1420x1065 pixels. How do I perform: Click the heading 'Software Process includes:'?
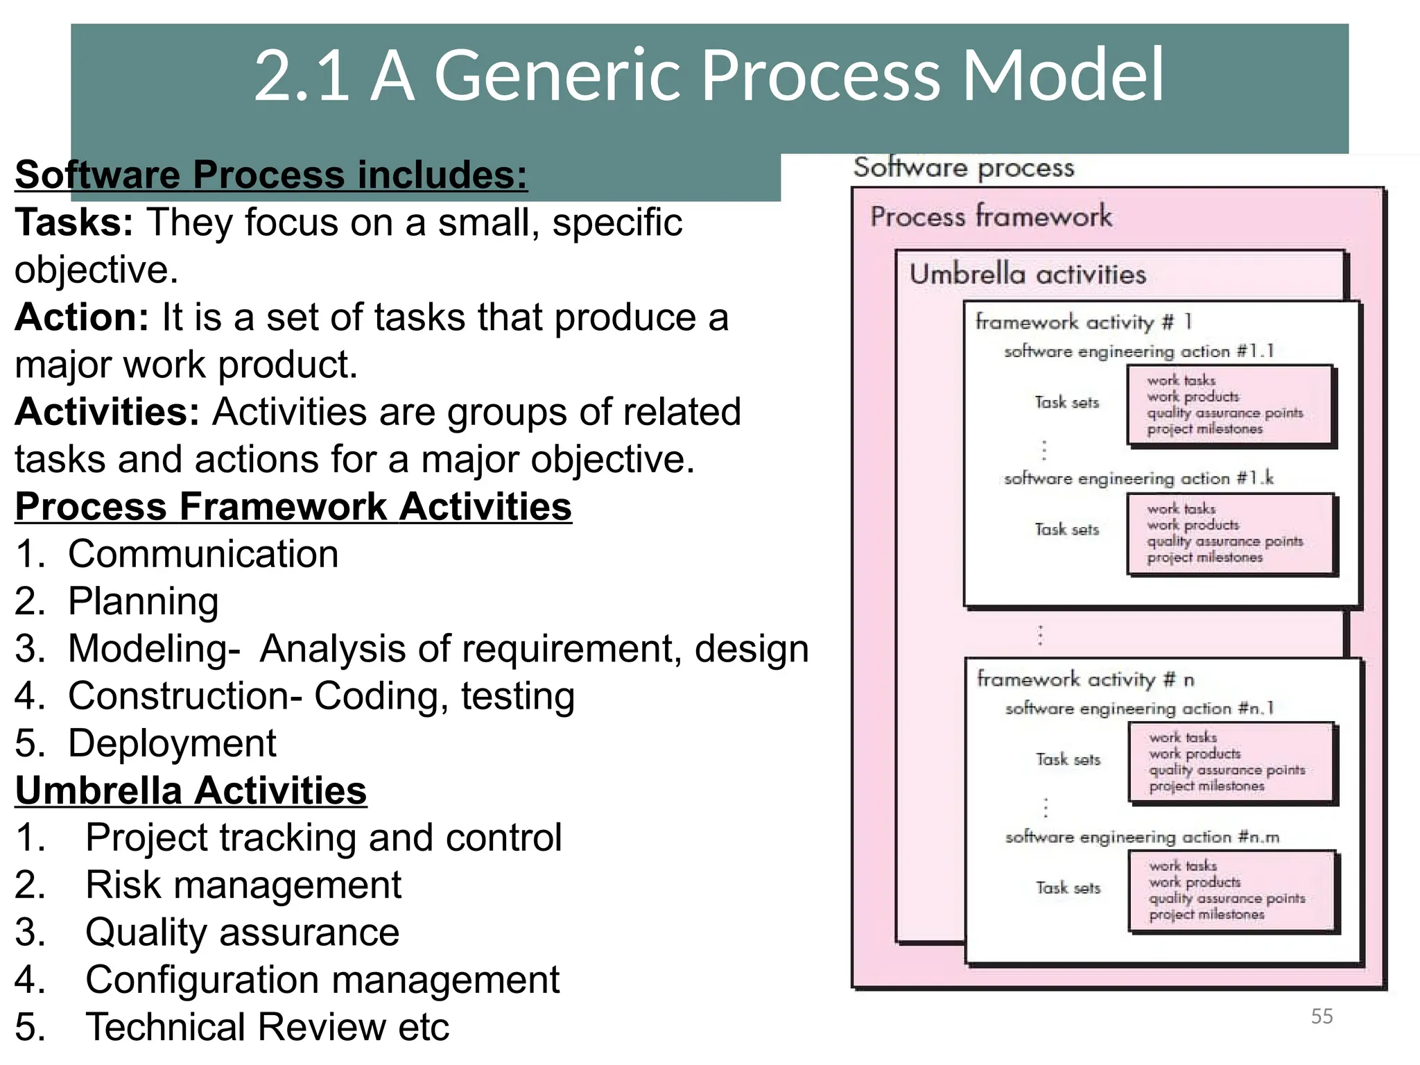tap(271, 175)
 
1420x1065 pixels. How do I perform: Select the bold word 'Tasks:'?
tap(74, 223)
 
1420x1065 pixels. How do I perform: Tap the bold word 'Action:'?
tap(82, 318)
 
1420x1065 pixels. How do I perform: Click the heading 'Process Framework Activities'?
tap(293, 506)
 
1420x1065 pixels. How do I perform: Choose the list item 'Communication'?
tap(202, 554)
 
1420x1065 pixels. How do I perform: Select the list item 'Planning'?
tap(143, 601)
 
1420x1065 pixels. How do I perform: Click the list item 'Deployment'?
tap(172, 743)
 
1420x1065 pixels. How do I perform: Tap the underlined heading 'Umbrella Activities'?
tap(191, 790)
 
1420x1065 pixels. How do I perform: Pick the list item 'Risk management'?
tap(243, 885)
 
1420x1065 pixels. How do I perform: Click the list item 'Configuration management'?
tap(322, 980)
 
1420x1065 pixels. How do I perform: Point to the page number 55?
tap(1322, 1016)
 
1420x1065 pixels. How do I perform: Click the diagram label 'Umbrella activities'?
tap(1028, 275)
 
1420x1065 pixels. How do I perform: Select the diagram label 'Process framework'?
tap(991, 217)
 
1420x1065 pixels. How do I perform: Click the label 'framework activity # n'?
tap(1085, 679)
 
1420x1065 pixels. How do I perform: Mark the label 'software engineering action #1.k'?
tap(1138, 478)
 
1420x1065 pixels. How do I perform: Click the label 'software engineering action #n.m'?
tap(1142, 838)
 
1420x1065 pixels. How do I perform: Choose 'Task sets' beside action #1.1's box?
tap(1066, 403)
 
